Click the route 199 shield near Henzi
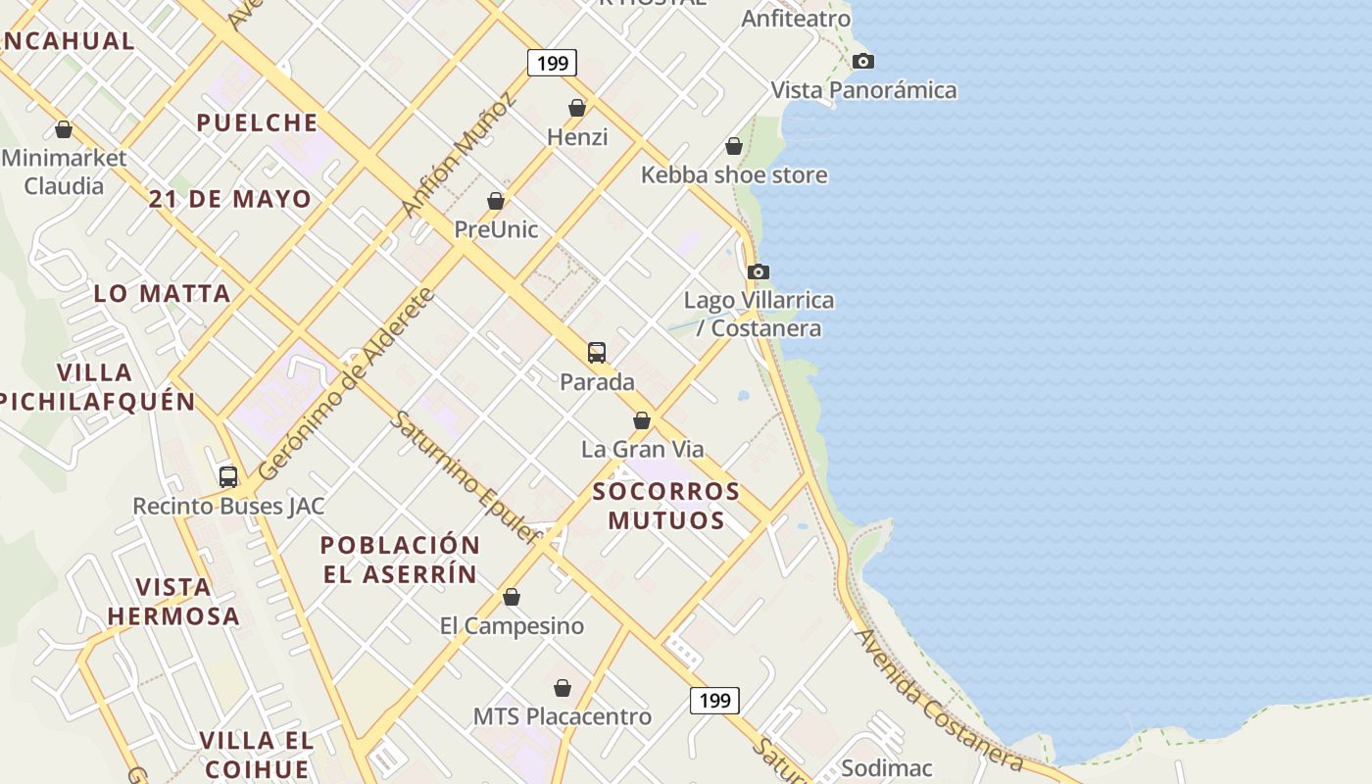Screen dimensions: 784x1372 [x=552, y=64]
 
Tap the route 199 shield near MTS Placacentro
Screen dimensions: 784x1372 [x=714, y=700]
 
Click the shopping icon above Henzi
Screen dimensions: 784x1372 [x=577, y=108]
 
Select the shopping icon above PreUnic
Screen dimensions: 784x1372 [x=496, y=201]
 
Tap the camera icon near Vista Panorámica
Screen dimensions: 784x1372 [x=862, y=62]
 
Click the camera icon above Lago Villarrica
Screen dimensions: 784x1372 [x=758, y=271]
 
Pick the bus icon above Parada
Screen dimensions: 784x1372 [x=596, y=353]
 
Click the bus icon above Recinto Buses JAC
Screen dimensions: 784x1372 [x=228, y=477]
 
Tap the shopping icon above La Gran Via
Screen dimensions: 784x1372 [x=642, y=420]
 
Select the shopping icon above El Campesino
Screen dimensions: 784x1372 [x=512, y=597]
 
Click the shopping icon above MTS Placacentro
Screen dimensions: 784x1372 [x=563, y=688]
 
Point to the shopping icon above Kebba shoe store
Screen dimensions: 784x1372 [x=734, y=147]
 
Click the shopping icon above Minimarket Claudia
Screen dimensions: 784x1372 [x=64, y=129]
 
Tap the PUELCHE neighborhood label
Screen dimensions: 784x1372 [x=257, y=122]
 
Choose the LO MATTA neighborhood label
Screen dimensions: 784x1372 [x=162, y=293]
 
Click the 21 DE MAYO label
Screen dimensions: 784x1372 [x=230, y=199]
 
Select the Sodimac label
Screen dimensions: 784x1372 [x=886, y=768]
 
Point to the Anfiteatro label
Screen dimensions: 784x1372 [x=796, y=19]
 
